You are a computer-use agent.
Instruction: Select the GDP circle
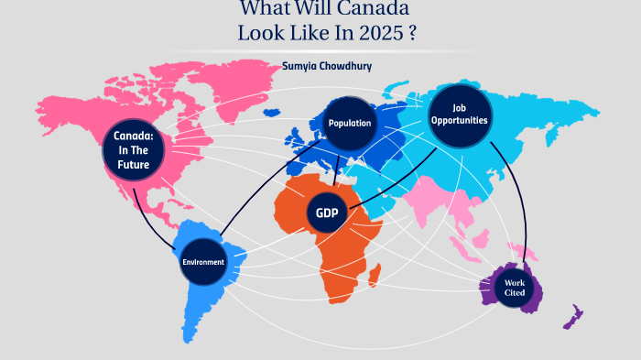[x=327, y=213]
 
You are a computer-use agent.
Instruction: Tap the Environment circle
[x=203, y=262]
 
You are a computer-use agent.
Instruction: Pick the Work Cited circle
[x=514, y=288]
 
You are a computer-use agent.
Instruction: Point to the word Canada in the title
[x=366, y=9]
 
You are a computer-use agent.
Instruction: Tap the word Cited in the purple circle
[x=514, y=293]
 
